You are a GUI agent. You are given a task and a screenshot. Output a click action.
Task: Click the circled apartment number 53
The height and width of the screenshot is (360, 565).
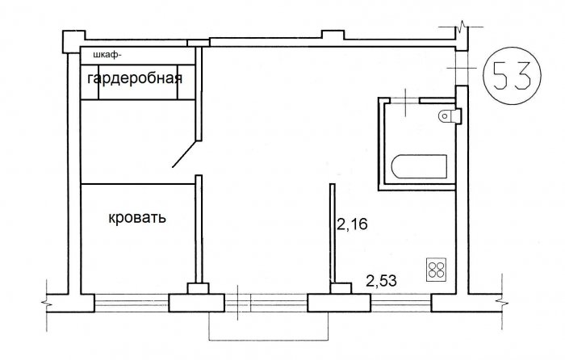tap(512, 76)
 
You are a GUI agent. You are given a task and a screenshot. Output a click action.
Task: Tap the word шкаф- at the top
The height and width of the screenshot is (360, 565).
tap(106, 56)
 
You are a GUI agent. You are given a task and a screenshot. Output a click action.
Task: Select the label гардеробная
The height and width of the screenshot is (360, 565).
tap(135, 78)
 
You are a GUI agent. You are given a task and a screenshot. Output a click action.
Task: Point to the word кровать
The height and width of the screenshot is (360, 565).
tap(137, 218)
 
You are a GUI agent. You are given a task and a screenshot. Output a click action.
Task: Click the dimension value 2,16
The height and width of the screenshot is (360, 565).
tap(352, 224)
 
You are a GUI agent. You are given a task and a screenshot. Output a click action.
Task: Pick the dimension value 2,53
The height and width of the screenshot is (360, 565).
tap(381, 281)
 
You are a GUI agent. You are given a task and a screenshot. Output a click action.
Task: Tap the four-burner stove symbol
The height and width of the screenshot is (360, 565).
tap(437, 269)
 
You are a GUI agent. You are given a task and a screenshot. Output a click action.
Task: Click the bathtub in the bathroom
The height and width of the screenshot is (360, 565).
tap(419, 166)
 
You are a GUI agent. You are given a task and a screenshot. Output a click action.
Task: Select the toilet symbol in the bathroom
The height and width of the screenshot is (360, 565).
tap(450, 115)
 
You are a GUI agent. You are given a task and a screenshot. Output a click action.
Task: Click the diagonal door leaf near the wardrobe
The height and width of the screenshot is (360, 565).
tap(185, 154)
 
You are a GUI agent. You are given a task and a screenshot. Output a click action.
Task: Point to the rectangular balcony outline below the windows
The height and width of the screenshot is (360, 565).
tap(269, 340)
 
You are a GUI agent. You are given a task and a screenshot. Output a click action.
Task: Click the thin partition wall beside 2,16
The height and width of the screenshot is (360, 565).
tap(333, 233)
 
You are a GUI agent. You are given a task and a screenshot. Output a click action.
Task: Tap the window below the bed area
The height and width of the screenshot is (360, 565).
tap(132, 303)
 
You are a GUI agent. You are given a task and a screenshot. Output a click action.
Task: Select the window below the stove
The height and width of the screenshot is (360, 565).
tap(401, 303)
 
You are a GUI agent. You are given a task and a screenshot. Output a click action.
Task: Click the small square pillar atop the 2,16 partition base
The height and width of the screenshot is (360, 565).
tap(341, 289)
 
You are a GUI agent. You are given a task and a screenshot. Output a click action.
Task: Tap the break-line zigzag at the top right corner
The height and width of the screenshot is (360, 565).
tap(461, 27)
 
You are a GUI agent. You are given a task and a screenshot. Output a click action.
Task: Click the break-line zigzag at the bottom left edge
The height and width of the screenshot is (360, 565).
tap(46, 303)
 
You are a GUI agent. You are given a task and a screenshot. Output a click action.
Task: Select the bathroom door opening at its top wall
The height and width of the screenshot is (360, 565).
tap(404, 100)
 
